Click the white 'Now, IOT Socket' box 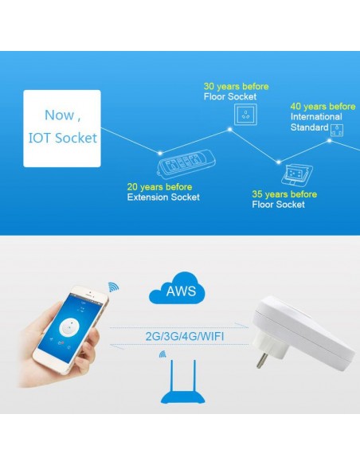tap(62, 128)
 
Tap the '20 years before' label tap(159, 187)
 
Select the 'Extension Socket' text tap(163, 197)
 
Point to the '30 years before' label tap(236, 87)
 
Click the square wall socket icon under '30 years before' tap(245, 115)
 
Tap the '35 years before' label tap(284, 194)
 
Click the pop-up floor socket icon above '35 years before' tap(297, 176)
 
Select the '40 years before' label tap(323, 107)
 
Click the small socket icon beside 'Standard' tap(337, 130)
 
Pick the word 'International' tap(316, 117)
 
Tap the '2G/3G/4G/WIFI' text tap(185, 337)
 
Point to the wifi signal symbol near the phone tap(114, 287)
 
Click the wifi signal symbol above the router tap(162, 354)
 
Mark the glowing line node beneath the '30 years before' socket tap(230, 129)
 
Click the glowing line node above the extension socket tap(160, 154)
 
